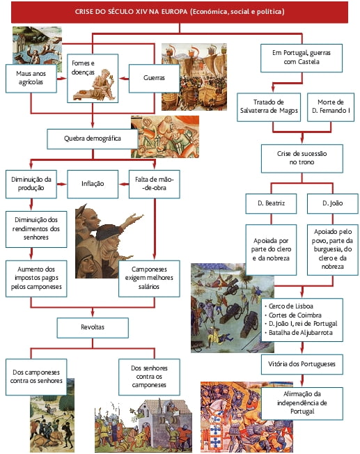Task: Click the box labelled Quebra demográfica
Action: point(93,139)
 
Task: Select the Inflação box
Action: point(93,184)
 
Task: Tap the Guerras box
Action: point(154,79)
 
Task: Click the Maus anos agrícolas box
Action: point(31,79)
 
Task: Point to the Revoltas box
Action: point(93,328)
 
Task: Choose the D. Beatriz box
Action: point(271,203)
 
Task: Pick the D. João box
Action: point(332,203)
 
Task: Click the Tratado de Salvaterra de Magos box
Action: point(269,107)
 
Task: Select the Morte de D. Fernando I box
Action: point(331,107)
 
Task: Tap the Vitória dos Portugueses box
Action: point(302,364)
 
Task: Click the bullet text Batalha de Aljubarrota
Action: point(301,333)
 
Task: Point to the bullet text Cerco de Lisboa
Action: point(291,306)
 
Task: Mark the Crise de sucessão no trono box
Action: point(302,158)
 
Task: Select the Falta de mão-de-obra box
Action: point(154,184)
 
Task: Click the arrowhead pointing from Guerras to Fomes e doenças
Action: point(122,79)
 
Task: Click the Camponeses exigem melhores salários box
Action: point(149,279)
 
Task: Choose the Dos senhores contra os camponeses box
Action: point(149,377)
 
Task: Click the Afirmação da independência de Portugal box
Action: point(302,403)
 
